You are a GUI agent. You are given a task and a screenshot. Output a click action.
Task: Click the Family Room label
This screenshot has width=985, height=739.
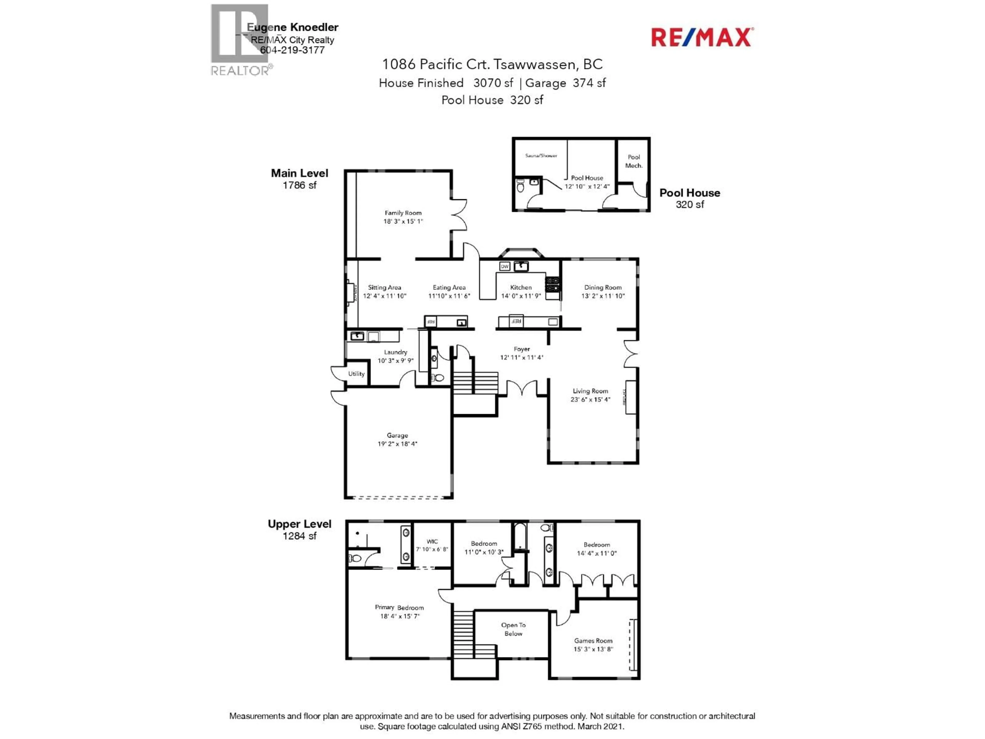(x=403, y=213)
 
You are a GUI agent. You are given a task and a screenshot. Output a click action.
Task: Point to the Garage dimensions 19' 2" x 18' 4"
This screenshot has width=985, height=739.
(x=397, y=444)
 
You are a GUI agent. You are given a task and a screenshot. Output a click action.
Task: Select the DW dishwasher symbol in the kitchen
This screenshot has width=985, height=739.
(x=505, y=266)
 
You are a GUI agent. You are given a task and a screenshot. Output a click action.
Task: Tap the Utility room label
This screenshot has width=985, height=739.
(x=356, y=374)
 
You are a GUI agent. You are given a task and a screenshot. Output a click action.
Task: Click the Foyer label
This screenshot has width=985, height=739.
(x=521, y=349)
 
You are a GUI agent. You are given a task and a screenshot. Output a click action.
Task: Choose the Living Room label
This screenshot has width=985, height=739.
(x=590, y=391)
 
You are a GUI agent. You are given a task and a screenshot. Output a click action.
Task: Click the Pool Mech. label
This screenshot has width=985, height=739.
(x=634, y=161)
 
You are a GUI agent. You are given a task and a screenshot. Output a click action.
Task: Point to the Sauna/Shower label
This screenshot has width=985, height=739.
(x=541, y=155)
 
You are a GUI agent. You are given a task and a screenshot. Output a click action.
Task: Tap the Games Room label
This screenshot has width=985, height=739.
(x=593, y=640)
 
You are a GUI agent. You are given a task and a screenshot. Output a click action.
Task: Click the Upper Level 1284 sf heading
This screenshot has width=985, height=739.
(x=299, y=529)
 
